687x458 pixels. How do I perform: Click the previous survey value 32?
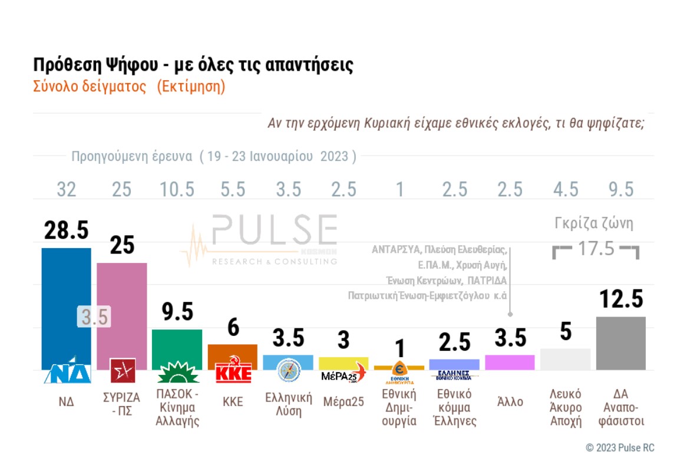66,189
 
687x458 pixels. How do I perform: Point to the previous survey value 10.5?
177,189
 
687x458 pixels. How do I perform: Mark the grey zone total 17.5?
595,248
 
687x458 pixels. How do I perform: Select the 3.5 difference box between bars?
94,317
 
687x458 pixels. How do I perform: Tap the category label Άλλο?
510,402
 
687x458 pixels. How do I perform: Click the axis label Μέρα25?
343,402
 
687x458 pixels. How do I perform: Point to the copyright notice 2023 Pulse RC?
620,447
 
